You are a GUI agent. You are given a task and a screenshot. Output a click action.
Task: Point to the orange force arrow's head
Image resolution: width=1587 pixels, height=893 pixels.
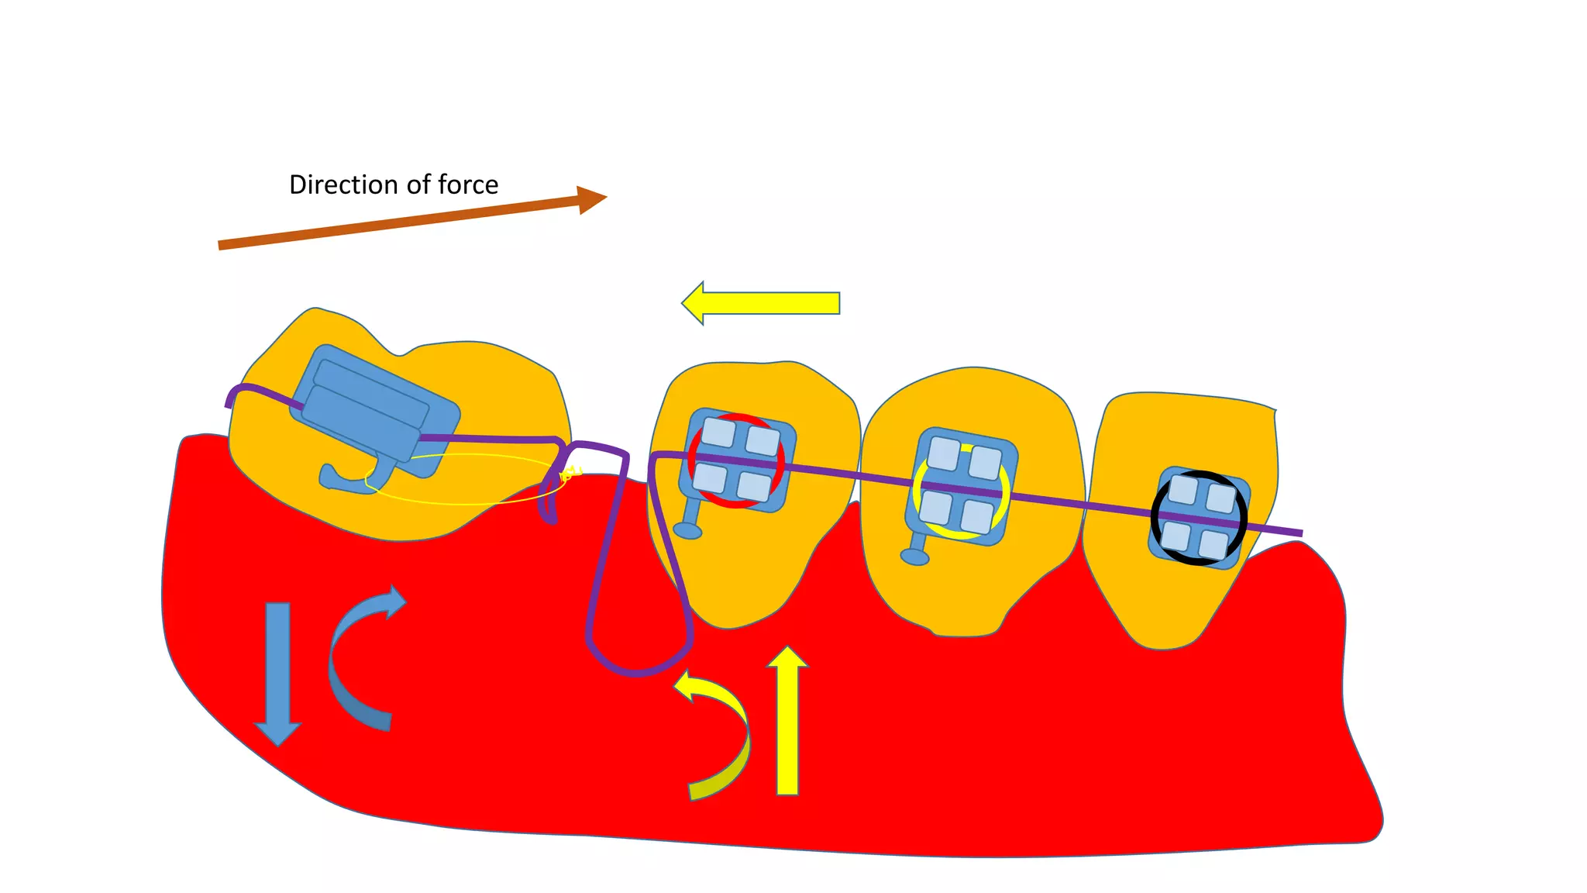tap(592, 199)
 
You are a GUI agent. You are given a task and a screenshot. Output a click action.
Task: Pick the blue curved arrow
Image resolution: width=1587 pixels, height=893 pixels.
tap(356, 659)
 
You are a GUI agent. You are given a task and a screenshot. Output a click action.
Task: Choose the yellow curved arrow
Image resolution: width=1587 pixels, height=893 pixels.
tap(721, 736)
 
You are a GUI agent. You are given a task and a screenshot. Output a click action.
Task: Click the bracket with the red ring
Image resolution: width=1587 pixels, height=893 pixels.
tap(736, 460)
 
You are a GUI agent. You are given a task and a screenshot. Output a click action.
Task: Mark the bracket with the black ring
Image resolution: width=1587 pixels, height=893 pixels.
tap(1199, 518)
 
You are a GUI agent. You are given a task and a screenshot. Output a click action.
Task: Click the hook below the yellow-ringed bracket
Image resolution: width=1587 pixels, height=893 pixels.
tap(914, 557)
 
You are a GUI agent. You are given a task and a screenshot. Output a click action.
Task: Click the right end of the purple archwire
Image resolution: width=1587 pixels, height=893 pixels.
tap(1299, 533)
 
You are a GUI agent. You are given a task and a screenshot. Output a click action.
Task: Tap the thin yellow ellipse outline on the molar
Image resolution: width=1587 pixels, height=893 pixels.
tap(465, 502)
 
